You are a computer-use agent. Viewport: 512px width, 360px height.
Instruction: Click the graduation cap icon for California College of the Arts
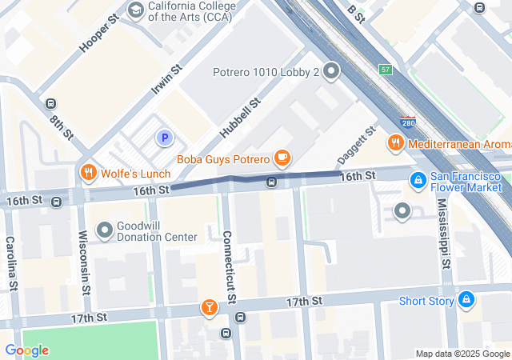click(x=135, y=10)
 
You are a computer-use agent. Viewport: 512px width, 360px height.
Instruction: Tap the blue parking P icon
click(x=165, y=138)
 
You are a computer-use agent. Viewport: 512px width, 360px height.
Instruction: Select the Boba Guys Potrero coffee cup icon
click(x=282, y=157)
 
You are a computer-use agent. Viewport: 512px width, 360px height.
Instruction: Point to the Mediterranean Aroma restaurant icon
click(x=394, y=143)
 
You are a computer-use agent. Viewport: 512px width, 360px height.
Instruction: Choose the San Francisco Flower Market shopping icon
click(x=417, y=181)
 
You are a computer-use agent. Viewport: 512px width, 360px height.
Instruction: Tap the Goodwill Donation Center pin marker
click(x=104, y=230)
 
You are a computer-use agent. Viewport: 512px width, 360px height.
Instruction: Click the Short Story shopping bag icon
click(x=466, y=301)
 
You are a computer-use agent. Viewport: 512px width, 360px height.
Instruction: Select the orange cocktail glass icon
click(x=209, y=306)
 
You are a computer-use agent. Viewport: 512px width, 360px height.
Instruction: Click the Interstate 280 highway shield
click(x=406, y=123)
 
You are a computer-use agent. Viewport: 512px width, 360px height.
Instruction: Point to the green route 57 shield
click(x=386, y=69)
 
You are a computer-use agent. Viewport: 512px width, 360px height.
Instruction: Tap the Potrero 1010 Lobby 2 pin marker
click(x=332, y=72)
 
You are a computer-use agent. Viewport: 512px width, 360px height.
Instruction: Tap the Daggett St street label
click(x=356, y=142)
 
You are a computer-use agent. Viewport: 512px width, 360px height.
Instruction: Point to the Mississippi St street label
click(x=446, y=230)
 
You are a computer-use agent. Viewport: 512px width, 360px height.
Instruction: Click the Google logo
click(x=26, y=350)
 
